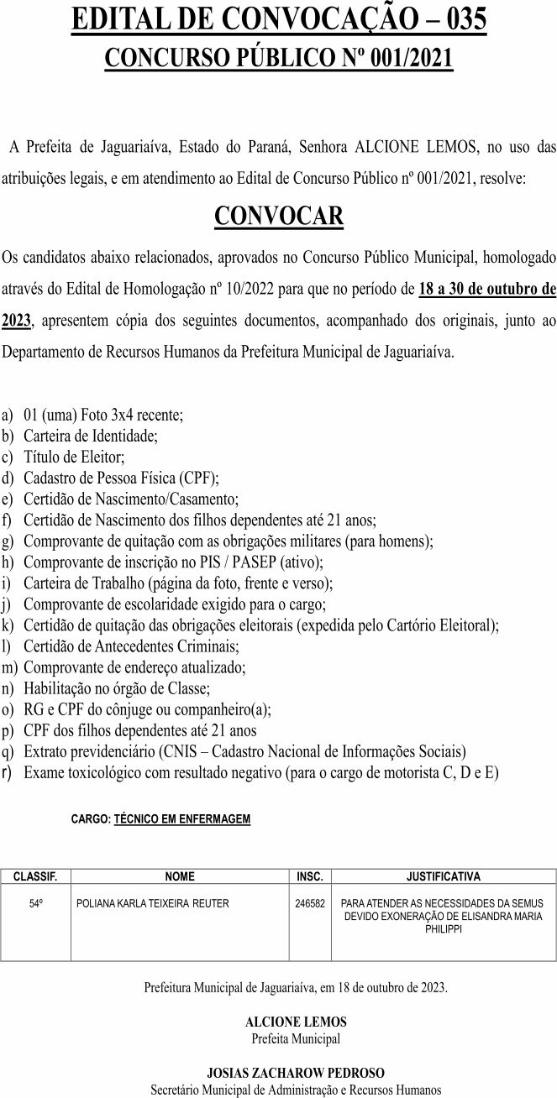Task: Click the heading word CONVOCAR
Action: tap(279, 216)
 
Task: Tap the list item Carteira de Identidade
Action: tap(91, 436)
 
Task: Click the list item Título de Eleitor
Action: tap(75, 457)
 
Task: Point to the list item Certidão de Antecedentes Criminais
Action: tap(132, 646)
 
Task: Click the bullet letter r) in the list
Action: tap(8, 771)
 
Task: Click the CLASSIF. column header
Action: tap(35, 876)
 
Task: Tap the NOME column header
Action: tap(180, 876)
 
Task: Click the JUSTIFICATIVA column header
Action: tap(444, 876)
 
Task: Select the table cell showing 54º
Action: tap(36, 903)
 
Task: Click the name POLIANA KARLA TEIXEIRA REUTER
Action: tap(152, 903)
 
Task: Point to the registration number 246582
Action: tap(310, 903)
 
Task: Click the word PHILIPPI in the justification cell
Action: tap(444, 929)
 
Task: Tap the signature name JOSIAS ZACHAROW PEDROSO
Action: tap(296, 1073)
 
